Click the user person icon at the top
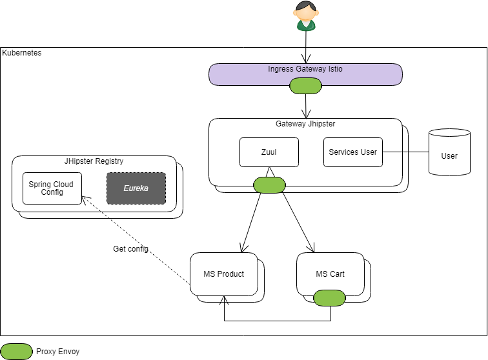305,16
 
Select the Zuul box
269,152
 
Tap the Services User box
353,152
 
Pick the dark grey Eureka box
136,188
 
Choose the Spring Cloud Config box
52,188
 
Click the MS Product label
224,274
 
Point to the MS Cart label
330,274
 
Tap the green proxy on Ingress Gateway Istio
305,86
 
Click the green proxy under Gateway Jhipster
269,185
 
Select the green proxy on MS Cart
330,297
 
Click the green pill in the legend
17,352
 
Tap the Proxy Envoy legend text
57,352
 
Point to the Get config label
130,249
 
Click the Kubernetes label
23,53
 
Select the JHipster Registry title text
94,161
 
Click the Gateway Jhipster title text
305,124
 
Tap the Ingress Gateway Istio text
305,69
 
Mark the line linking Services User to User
406,152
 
